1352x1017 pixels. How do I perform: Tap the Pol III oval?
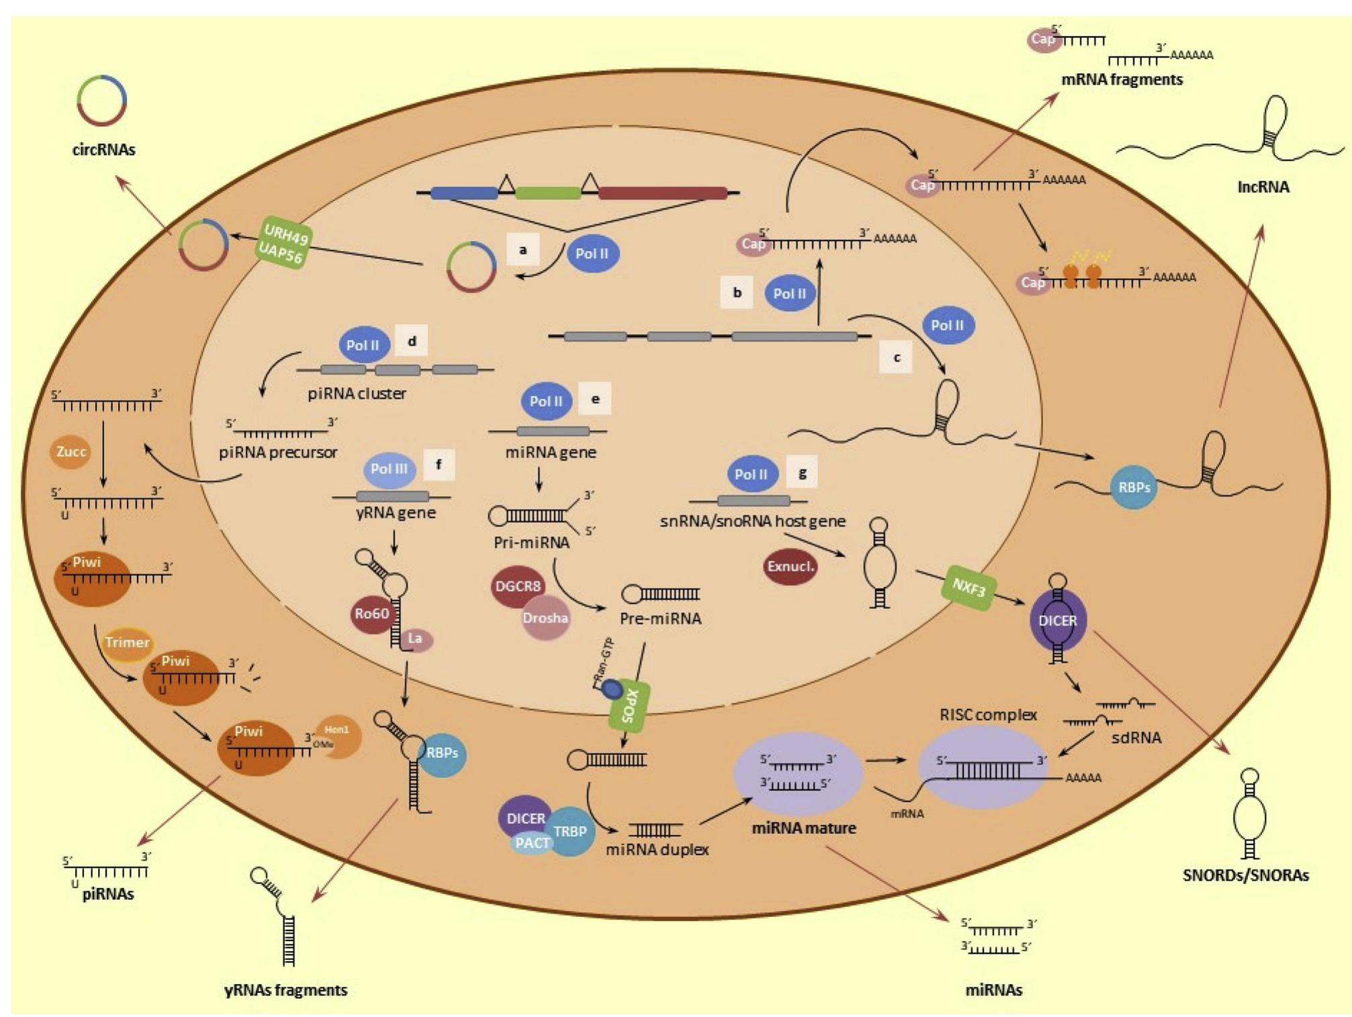click(389, 469)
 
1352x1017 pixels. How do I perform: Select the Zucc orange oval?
click(70, 452)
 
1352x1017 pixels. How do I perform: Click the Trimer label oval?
click(127, 642)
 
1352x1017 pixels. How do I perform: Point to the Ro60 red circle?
click(372, 614)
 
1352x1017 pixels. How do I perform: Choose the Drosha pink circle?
click(545, 618)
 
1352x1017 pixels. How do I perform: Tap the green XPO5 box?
click(629, 708)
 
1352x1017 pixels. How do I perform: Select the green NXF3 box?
click(969, 589)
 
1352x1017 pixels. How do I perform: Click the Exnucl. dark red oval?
click(790, 567)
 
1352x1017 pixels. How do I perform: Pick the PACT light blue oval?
click(532, 843)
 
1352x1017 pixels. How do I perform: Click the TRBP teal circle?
click(571, 831)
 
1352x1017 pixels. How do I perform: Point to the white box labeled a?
click(523, 250)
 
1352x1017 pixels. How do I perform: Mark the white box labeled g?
click(802, 473)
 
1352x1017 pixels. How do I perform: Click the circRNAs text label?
click(103, 150)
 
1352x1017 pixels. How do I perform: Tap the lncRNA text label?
click(1263, 187)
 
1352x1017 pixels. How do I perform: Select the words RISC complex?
click(987, 715)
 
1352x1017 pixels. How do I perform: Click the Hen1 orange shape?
click(340, 735)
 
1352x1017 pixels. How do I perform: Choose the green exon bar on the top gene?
click(548, 193)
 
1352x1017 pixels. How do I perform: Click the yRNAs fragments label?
click(285, 990)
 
